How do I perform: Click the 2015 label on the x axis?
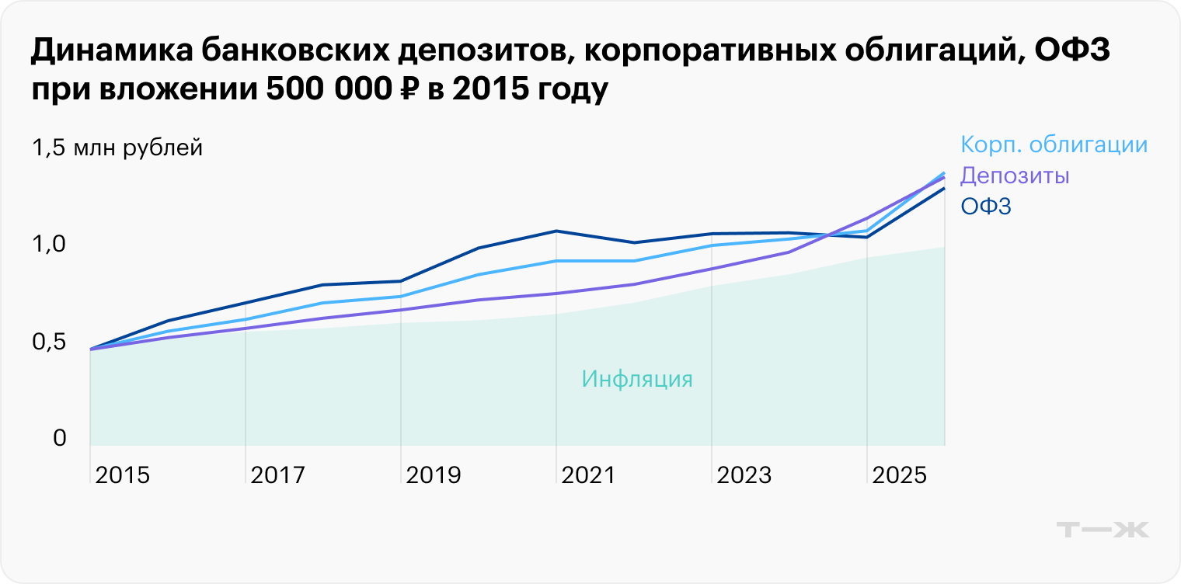122,475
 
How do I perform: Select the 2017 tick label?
277,475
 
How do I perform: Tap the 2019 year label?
433,475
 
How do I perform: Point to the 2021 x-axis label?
588,475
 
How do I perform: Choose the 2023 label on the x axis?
744,475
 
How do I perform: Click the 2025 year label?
899,475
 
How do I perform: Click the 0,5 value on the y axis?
48,342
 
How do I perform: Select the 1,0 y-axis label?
48,245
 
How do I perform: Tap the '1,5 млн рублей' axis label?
117,148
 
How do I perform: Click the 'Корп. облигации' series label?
1054,145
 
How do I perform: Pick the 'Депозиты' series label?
1015,176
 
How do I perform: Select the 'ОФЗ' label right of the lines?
985,206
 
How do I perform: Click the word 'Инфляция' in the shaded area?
636,380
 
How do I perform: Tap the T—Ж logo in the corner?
1103,530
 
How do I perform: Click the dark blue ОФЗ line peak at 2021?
556,231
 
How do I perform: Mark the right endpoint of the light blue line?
944,172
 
